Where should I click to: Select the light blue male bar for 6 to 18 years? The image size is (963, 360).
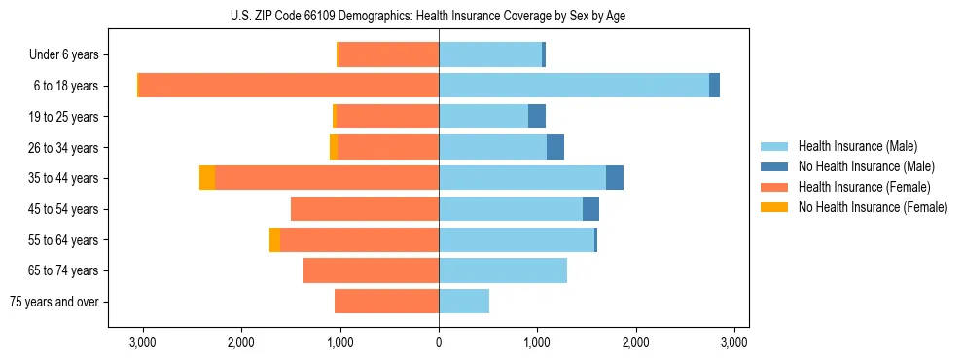[x=574, y=86]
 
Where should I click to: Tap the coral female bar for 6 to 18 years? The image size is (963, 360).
[x=289, y=86]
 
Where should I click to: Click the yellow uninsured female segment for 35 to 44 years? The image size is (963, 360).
[x=207, y=178]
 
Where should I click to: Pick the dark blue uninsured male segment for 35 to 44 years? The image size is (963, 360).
[x=615, y=178]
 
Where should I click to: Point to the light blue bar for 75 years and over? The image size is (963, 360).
[x=464, y=302]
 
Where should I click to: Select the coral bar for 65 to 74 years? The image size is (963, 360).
[x=371, y=270]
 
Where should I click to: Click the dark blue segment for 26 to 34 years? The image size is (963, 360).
[x=555, y=147]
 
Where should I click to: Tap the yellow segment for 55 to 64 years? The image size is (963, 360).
[x=274, y=239]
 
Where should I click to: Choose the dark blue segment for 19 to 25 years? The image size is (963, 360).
[x=537, y=117]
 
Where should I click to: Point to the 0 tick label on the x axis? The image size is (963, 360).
[x=439, y=342]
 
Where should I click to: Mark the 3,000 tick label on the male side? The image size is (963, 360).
[x=734, y=342]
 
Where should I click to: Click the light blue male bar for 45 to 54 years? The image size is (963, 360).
[x=511, y=209]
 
